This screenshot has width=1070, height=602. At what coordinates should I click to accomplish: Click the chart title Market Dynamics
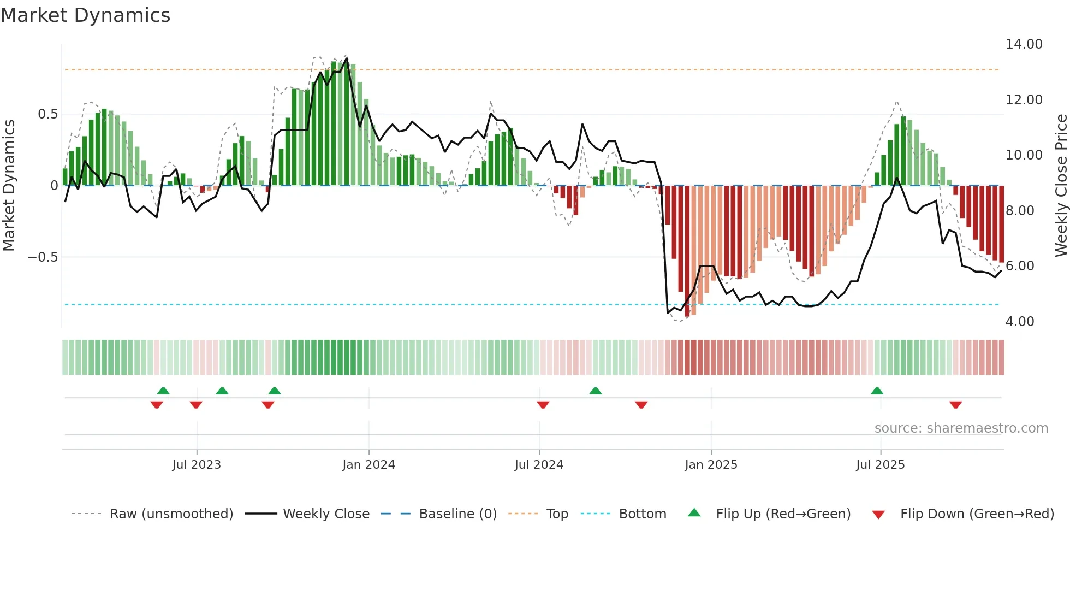point(85,15)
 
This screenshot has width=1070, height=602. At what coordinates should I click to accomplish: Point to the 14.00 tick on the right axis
point(1024,44)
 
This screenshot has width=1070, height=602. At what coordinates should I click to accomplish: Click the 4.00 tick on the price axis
point(1019,322)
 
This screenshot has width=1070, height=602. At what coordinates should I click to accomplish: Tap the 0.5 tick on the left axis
point(47,114)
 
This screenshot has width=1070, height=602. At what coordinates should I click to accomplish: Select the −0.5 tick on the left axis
point(43,257)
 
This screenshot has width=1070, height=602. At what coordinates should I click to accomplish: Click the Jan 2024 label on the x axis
point(368,465)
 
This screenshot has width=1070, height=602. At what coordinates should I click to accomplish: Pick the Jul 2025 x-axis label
point(880,465)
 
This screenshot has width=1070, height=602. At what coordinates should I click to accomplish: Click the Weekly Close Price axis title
point(1061,185)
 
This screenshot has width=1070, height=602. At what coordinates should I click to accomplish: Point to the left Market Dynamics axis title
point(9,185)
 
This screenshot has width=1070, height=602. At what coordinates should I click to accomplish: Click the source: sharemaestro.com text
point(961,428)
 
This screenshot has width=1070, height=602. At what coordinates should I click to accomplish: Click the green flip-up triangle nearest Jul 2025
point(877,391)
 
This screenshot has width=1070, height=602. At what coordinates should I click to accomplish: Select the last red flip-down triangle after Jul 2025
point(955,405)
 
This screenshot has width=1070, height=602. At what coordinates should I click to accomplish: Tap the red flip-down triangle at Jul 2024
point(543,405)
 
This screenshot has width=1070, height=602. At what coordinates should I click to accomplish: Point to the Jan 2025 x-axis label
point(711,465)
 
